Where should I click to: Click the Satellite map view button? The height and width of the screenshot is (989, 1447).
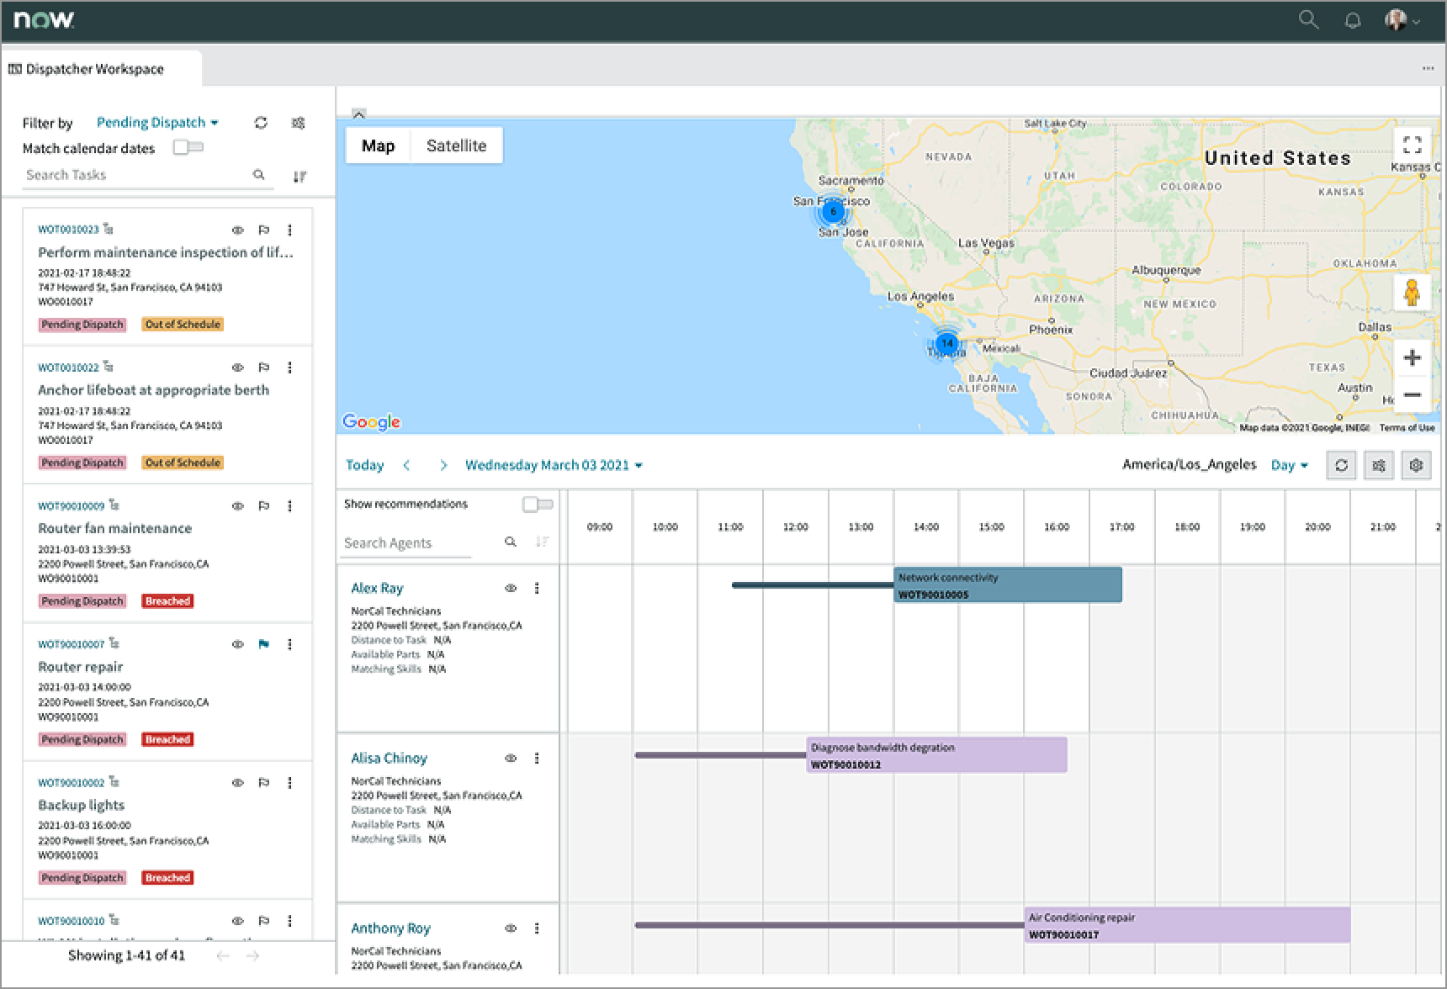point(456,145)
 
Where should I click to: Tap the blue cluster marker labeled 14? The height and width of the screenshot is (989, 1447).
point(947,343)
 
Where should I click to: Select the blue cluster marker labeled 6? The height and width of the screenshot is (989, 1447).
point(833,211)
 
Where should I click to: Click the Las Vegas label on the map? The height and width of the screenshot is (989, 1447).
point(986,243)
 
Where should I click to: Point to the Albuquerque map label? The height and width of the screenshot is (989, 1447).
point(1166,270)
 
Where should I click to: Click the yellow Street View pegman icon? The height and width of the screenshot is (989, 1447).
point(1412,293)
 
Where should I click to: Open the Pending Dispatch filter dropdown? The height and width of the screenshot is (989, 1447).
point(157,123)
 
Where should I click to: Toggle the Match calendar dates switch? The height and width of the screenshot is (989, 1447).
point(188,148)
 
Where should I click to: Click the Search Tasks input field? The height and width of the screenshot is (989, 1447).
point(135,175)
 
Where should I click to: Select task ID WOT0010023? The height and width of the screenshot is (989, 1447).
point(68,230)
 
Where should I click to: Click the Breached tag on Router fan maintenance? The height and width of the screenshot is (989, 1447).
point(167,601)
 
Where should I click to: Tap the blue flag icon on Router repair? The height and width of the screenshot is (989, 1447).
point(263,644)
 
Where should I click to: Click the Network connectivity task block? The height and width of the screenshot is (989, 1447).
point(1007,585)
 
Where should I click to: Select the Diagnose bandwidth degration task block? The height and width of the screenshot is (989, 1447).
point(936,755)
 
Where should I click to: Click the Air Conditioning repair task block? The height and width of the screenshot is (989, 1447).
point(1186,925)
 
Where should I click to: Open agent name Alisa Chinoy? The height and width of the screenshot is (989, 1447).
point(389,759)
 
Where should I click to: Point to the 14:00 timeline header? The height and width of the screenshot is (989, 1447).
point(925,527)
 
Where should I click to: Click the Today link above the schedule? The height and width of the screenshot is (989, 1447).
point(364,465)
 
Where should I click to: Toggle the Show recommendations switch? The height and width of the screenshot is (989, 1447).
point(538,505)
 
